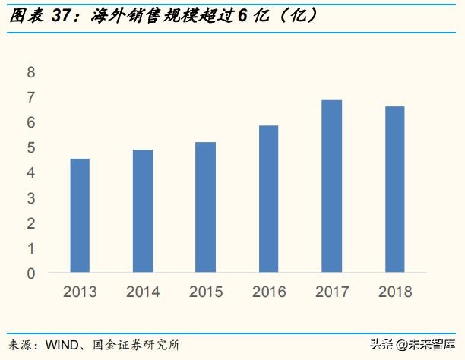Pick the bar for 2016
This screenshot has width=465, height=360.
[269, 198]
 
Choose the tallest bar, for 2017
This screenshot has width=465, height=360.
[331, 186]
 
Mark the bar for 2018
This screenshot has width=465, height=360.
[394, 189]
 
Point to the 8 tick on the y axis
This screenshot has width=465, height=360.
[31, 73]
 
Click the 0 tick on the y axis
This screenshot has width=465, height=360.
[31, 273]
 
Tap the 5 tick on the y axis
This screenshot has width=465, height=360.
[31, 148]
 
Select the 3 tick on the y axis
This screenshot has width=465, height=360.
[31, 198]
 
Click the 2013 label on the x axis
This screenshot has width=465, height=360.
[80, 292]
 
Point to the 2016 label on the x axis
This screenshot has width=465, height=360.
[269, 292]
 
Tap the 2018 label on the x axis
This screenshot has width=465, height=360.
[394, 292]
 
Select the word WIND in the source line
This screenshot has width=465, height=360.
[59, 346]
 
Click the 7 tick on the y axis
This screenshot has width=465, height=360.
[31, 98]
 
